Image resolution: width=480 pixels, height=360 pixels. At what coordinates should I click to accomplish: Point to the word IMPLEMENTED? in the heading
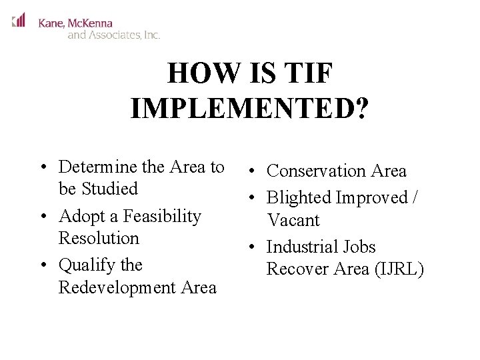(249, 109)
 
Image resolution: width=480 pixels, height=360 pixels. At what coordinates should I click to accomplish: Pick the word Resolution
(99, 238)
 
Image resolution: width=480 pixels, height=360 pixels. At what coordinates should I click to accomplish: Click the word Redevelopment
(119, 287)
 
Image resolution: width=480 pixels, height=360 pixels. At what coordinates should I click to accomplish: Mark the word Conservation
(316, 171)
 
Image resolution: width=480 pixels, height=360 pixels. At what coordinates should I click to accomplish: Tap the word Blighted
(299, 198)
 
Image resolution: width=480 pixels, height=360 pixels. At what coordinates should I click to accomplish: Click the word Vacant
(293, 220)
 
